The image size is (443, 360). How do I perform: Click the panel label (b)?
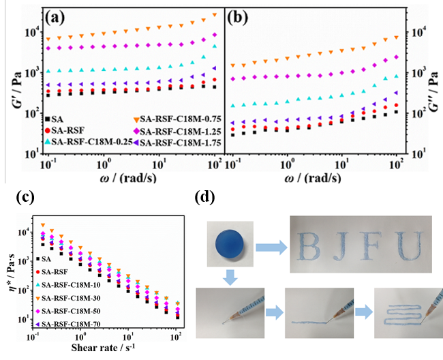(x=245, y=15)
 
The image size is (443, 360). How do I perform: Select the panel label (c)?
(x=20, y=198)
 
